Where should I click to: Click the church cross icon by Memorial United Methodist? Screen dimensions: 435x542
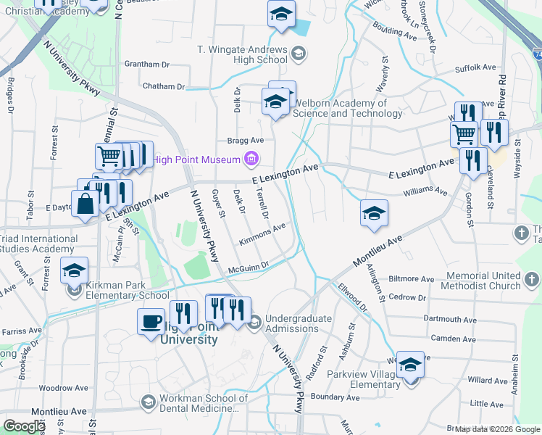[x=532, y=279]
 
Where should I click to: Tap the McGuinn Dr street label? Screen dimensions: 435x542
[x=248, y=268]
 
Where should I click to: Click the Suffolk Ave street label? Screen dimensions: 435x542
[x=475, y=67]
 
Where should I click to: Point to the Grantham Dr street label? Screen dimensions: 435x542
[x=149, y=64]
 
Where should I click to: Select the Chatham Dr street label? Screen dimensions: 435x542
[x=164, y=86]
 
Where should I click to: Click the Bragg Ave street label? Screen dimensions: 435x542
[x=246, y=141]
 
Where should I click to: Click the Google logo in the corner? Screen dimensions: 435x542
[x=24, y=426]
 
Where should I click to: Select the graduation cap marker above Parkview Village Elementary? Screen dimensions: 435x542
[x=410, y=365]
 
